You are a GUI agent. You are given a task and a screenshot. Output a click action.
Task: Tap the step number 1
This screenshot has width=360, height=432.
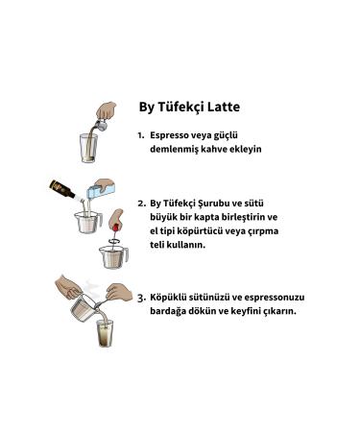click(x=141, y=136)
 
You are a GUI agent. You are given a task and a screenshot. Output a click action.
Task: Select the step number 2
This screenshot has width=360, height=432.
click(x=142, y=204)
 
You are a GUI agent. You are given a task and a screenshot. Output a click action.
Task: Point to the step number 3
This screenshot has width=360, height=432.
click(x=141, y=298)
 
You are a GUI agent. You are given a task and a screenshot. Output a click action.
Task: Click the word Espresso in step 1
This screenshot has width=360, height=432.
click(x=169, y=136)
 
